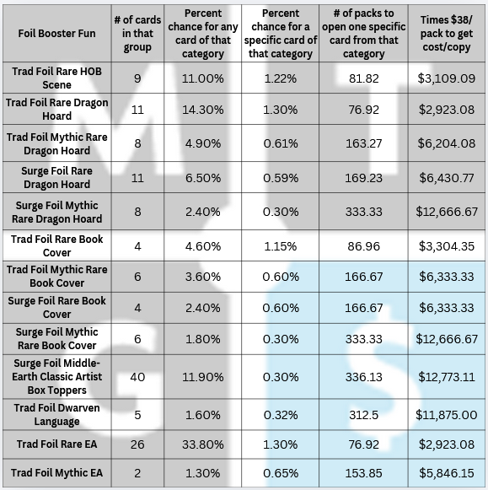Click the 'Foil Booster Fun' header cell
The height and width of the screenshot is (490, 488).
coord(56,34)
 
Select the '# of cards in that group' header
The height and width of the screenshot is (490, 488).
coord(137,34)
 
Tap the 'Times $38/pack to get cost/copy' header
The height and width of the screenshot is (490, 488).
coord(447,34)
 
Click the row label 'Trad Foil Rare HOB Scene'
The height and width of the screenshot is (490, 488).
coord(56,78)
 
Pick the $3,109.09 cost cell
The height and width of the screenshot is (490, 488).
coord(447,78)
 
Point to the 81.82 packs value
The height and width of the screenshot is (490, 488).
coord(364,78)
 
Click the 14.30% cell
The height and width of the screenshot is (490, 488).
coord(203,110)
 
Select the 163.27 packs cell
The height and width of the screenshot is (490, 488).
coord(364,143)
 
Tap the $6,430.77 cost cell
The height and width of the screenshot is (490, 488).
coord(447,178)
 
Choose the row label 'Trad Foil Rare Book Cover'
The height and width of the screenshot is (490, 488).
coord(56,245)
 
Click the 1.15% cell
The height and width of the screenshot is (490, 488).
coord(281,246)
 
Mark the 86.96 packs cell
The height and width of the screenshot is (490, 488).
coord(364,246)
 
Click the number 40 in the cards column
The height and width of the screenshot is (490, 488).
coord(137,377)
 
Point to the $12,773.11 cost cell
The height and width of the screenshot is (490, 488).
coord(447,377)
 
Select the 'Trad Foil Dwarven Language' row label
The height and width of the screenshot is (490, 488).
coord(56,414)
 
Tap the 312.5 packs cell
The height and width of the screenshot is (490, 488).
coord(364,415)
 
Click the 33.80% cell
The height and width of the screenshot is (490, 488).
coord(203,444)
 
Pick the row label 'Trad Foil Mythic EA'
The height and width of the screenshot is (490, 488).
coord(56,473)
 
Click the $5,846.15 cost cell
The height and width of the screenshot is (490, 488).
coord(447,473)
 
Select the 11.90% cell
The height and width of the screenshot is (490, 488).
coord(203,377)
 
